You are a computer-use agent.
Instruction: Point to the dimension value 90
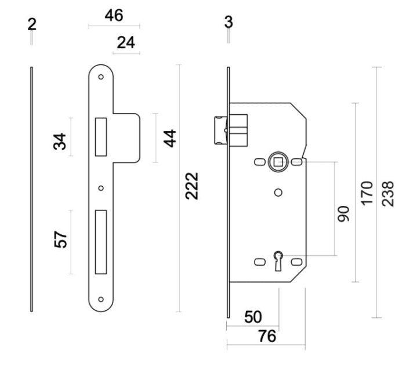(344, 213)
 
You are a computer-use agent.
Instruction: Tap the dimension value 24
(126, 42)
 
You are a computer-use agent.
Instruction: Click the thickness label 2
(31, 24)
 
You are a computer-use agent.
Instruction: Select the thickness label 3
(228, 23)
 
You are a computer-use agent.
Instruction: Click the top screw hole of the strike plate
(101, 76)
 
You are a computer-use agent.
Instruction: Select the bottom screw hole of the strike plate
(101, 299)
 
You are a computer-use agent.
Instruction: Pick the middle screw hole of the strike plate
(101, 188)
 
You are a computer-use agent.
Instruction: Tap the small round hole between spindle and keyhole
(278, 193)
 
